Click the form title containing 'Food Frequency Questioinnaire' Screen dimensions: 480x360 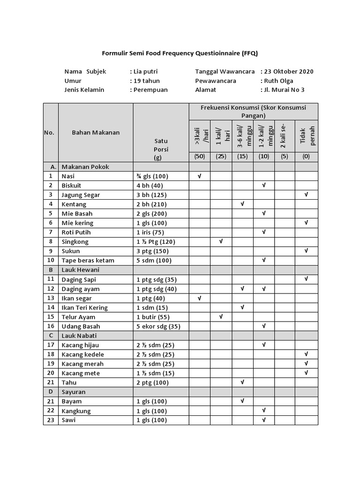pyautogui.click(x=180, y=53)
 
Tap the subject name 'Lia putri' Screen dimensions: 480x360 pyautogui.click(x=145, y=72)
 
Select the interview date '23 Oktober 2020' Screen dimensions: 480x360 pyautogui.click(x=288, y=72)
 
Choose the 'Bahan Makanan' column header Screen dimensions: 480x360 pyautogui.click(x=96, y=132)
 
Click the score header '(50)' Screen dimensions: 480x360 pyautogui.click(x=200, y=157)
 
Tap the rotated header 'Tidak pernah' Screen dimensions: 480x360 pyautogui.click(x=307, y=135)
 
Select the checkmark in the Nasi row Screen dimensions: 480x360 pyautogui.click(x=200, y=176)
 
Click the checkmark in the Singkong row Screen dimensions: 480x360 pyautogui.click(x=221, y=241)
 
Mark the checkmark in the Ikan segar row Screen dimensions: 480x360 pyautogui.click(x=200, y=298)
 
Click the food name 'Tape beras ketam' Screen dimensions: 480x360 pyautogui.click(x=88, y=261)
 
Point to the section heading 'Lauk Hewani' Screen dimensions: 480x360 pyautogui.click(x=80, y=270)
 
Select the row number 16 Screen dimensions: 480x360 pyautogui.click(x=51, y=326)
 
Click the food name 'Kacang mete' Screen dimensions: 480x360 pyautogui.click(x=80, y=373)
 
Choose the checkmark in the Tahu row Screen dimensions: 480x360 pyautogui.click(x=242, y=382)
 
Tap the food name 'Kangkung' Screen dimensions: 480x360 pyautogui.click(x=76, y=411)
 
